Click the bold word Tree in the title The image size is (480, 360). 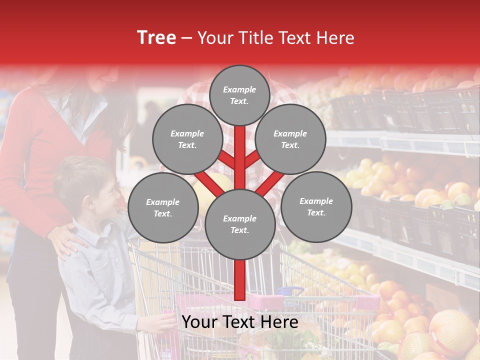pos(156,38)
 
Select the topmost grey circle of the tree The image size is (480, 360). pos(239,95)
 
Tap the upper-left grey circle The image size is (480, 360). pos(187,139)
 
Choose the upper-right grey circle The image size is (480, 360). pos(290,139)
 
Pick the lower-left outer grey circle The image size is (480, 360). pos(163,208)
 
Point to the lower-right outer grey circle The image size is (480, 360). pos(316,207)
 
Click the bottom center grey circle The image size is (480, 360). pos(239,224)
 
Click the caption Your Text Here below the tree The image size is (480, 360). pos(239,322)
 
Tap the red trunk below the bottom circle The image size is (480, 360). pos(239,280)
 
